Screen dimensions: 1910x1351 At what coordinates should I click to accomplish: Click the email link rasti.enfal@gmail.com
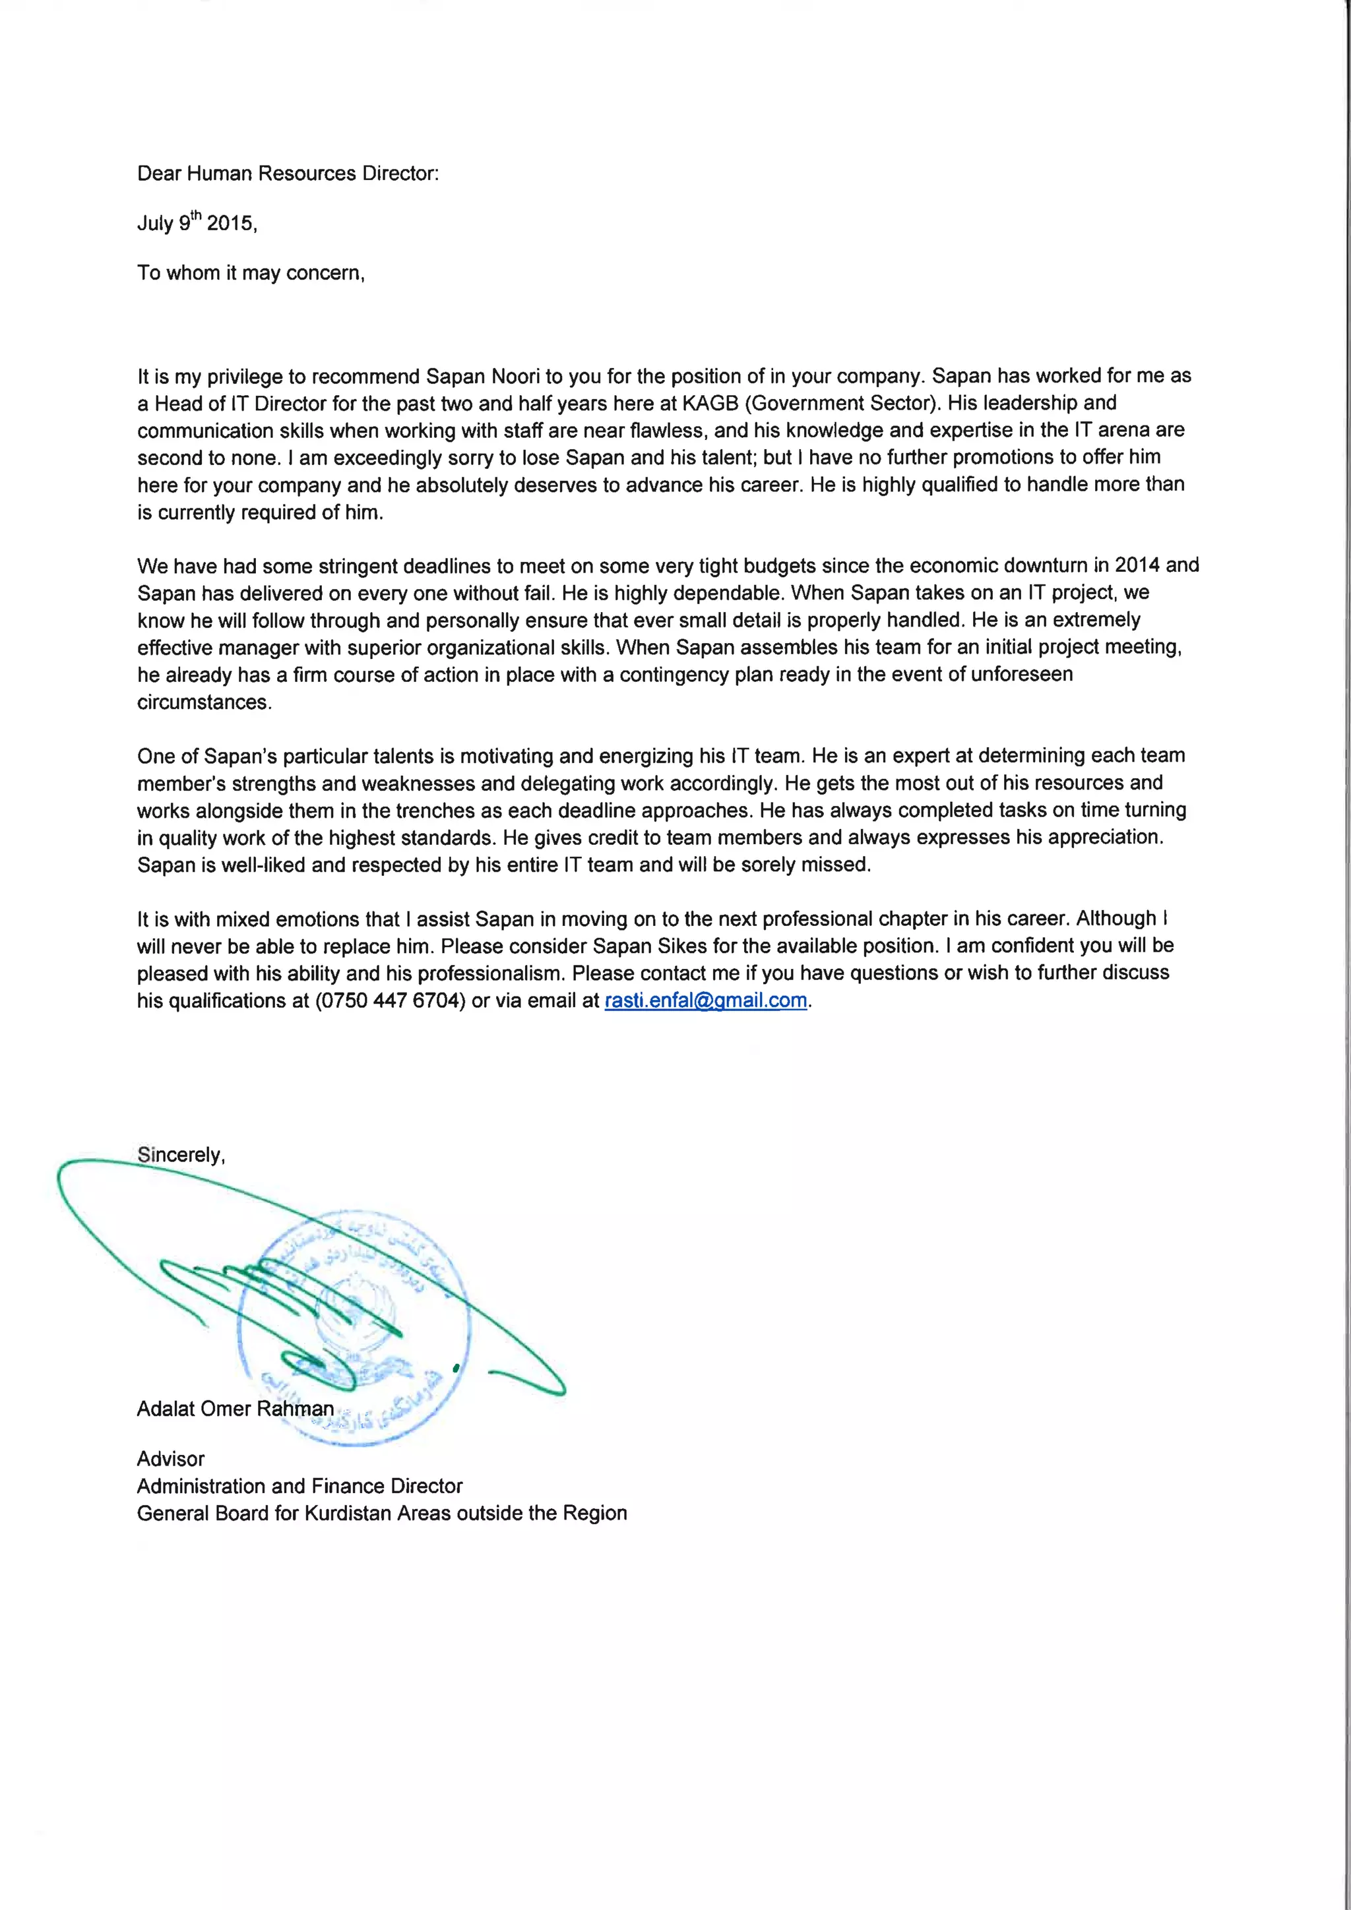click(x=705, y=1000)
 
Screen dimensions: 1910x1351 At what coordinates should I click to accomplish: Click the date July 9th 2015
click(x=197, y=223)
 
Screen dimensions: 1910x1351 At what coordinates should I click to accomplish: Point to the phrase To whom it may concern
click(x=251, y=273)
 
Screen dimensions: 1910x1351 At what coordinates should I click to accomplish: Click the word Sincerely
click(x=181, y=1155)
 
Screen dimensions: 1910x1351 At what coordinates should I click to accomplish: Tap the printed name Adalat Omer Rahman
click(x=235, y=1408)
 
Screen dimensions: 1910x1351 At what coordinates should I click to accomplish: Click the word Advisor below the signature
click(x=171, y=1458)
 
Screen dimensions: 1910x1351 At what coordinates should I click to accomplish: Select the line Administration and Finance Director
click(x=299, y=1486)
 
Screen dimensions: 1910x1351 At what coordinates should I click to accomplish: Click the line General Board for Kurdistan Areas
click(x=382, y=1512)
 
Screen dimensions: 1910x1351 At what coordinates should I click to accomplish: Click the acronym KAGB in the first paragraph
click(x=710, y=404)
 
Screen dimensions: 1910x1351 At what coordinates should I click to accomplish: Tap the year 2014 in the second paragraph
click(x=1137, y=566)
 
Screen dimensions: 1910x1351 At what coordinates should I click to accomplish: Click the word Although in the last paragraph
click(x=1115, y=919)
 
